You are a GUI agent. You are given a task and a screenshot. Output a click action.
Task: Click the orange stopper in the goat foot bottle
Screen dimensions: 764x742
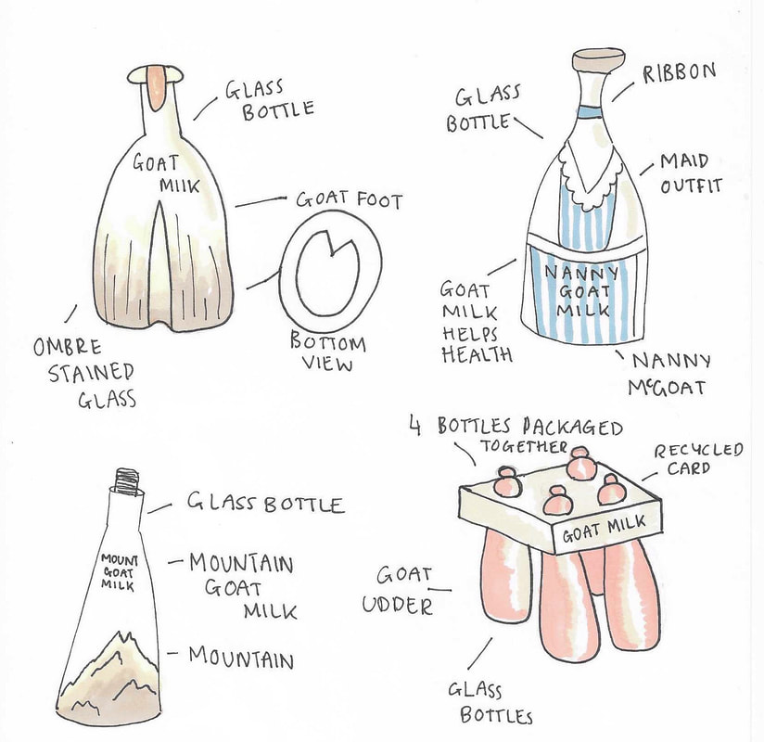click(x=157, y=87)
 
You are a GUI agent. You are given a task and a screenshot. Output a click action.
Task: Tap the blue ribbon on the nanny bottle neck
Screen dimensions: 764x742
click(x=590, y=112)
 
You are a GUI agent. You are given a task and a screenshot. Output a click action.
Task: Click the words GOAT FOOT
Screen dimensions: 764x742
click(x=350, y=200)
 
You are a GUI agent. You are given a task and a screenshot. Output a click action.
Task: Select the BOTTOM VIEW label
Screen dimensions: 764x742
click(x=327, y=352)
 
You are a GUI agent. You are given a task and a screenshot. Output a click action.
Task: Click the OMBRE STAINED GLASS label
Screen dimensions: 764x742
click(x=83, y=374)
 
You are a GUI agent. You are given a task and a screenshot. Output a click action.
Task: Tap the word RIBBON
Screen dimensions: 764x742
click(x=680, y=73)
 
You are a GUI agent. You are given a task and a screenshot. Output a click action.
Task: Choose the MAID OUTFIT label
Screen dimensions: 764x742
click(x=691, y=174)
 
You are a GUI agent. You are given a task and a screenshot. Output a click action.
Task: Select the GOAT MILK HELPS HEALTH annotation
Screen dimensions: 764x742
click(x=476, y=322)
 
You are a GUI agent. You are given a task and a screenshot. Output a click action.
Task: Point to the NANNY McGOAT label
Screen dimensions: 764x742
click(x=669, y=375)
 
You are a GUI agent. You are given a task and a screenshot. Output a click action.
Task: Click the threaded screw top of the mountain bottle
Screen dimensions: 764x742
click(x=127, y=481)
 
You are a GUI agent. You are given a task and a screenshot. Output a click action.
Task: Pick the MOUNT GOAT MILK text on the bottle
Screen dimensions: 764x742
click(x=119, y=572)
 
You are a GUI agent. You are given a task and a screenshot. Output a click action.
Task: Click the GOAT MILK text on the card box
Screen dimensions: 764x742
click(x=605, y=529)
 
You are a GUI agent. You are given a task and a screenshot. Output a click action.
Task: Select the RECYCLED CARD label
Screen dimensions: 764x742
click(x=699, y=459)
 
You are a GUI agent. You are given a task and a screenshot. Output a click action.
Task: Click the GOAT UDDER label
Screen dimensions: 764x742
click(x=398, y=591)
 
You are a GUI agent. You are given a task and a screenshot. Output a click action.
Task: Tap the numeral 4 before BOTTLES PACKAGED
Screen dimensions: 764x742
click(x=415, y=427)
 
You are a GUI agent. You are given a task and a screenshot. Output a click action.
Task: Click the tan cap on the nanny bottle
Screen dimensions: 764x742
click(x=598, y=59)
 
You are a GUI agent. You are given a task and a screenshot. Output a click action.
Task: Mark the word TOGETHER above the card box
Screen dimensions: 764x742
click(x=524, y=446)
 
